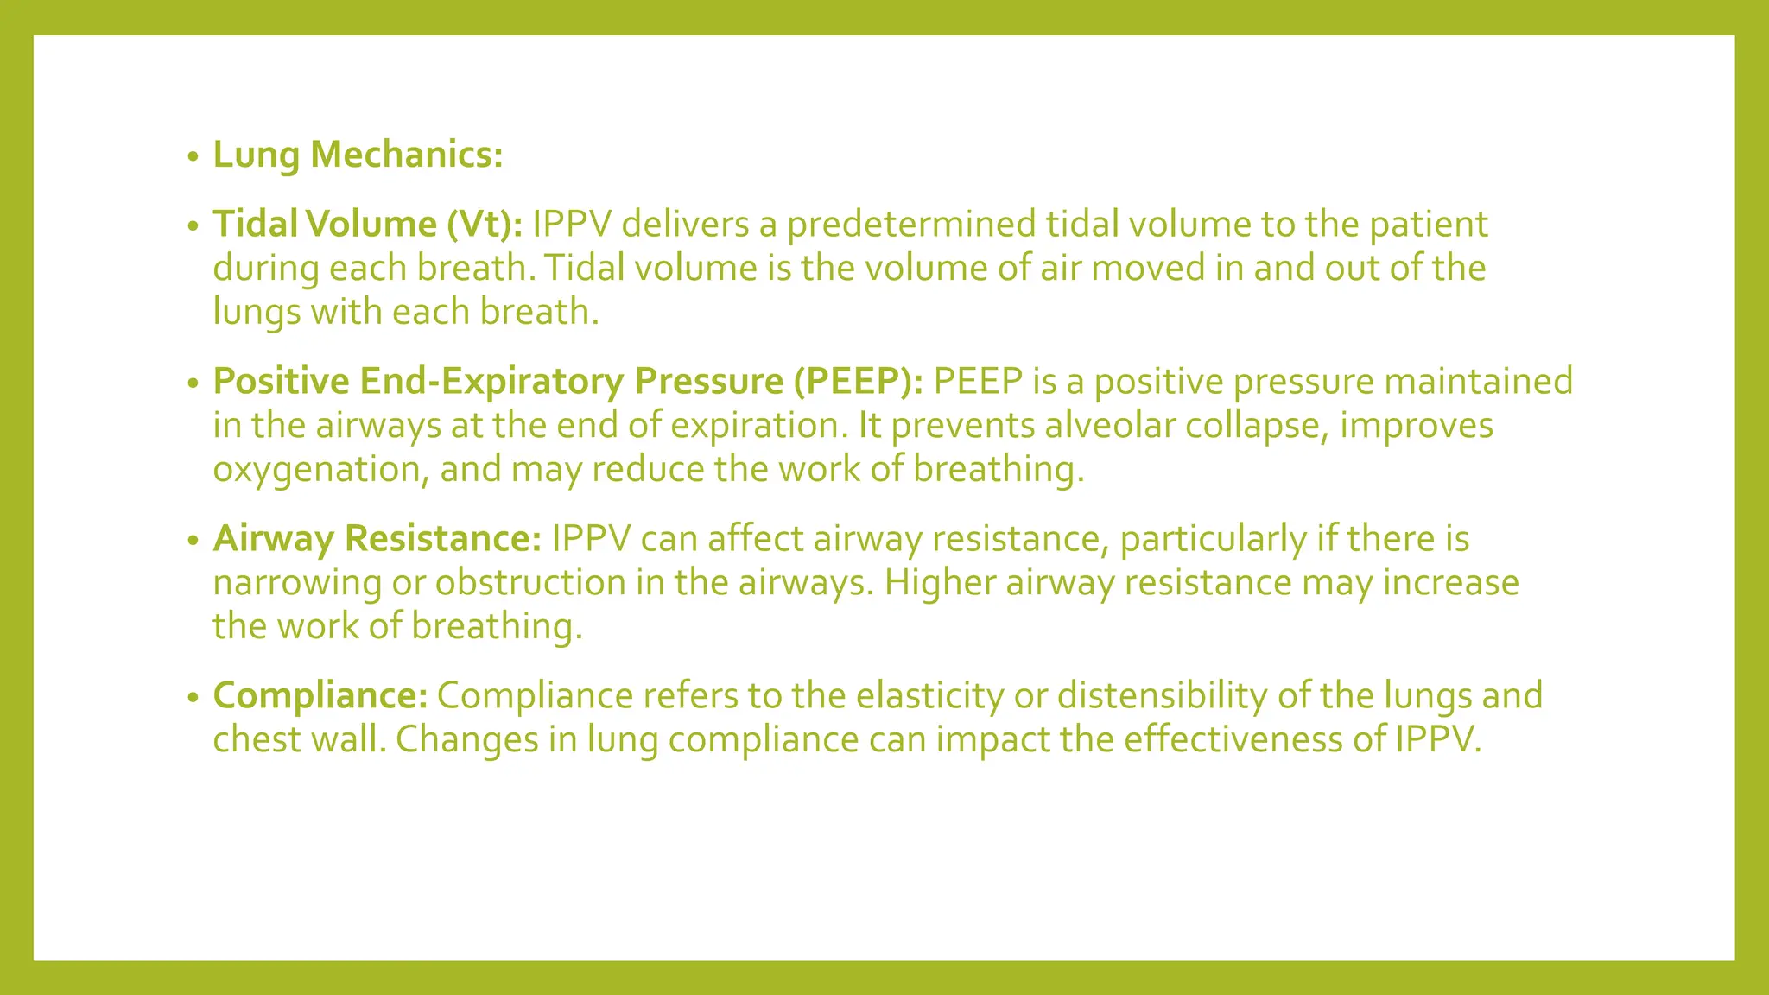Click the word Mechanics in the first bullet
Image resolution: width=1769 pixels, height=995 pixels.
(406, 155)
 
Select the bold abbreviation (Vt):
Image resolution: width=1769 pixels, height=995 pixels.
(485, 224)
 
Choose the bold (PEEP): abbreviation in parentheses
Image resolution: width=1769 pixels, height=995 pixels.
(859, 381)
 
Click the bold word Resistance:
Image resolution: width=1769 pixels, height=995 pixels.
(442, 538)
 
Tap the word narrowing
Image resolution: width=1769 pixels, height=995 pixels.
(297, 582)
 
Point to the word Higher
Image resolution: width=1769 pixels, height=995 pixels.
(940, 582)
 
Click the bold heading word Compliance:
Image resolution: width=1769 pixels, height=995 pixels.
(320, 695)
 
